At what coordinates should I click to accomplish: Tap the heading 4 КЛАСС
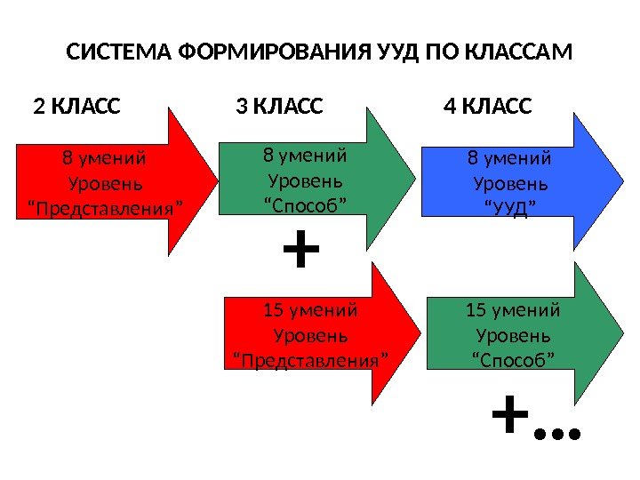coord(487,108)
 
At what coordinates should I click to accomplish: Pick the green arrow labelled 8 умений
coord(311,182)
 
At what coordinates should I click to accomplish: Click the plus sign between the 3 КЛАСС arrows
coord(300,252)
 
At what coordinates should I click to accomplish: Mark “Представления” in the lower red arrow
coord(311,361)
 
